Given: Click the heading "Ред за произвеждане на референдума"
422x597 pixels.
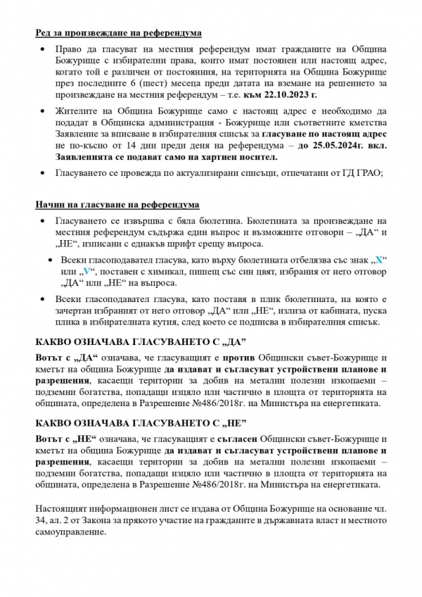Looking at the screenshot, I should [x=117, y=33].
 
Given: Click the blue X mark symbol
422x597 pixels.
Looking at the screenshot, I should [x=379, y=260].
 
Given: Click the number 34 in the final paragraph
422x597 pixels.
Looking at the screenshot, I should [x=41, y=520].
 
